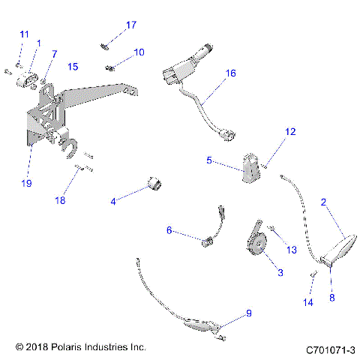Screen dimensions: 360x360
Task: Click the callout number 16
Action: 230,73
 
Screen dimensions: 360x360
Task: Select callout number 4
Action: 113,201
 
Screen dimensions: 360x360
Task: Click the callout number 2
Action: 323,202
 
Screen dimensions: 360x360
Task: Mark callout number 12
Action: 289,132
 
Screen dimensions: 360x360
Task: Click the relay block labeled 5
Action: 250,166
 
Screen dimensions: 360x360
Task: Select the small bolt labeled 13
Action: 271,227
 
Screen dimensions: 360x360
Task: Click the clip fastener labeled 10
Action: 110,67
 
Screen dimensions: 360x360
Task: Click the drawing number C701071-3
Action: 330,349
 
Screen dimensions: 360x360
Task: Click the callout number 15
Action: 73,67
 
